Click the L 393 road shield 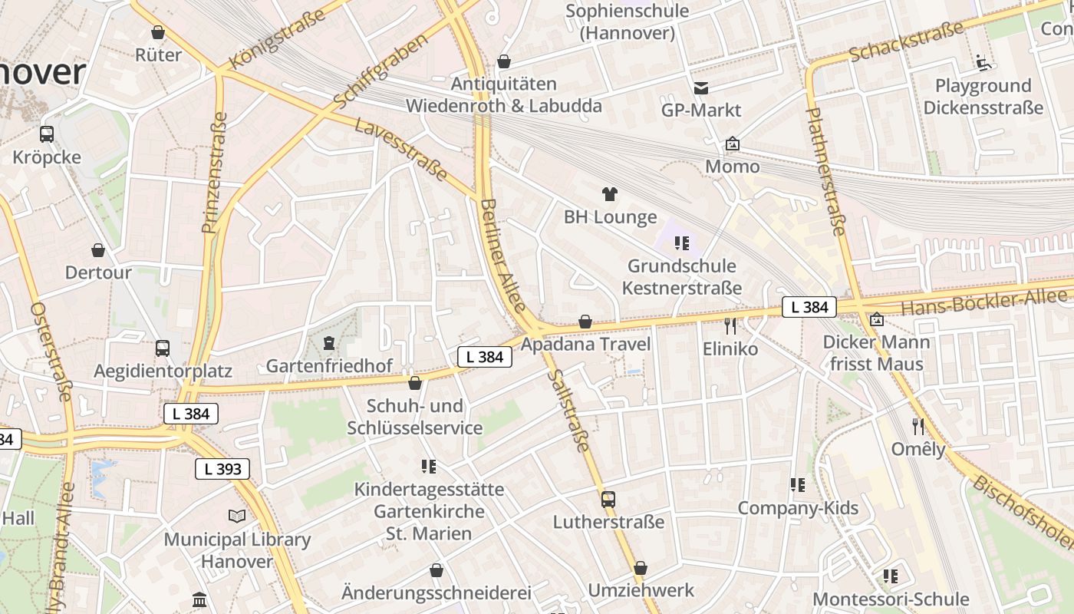tap(222, 469)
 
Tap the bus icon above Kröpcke tap(47, 134)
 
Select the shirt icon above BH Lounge tap(610, 194)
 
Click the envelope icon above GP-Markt tap(701, 88)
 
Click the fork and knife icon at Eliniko tap(730, 326)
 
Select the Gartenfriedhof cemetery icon tap(329, 343)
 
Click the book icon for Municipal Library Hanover tap(237, 517)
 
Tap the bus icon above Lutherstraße tap(608, 500)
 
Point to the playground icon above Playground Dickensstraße tap(983, 62)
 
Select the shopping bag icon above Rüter tap(158, 32)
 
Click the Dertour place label tap(98, 272)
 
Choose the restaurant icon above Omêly tap(918, 426)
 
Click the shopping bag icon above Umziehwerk tap(641, 569)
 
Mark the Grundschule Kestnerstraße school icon tap(681, 244)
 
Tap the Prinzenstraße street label tap(215, 173)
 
